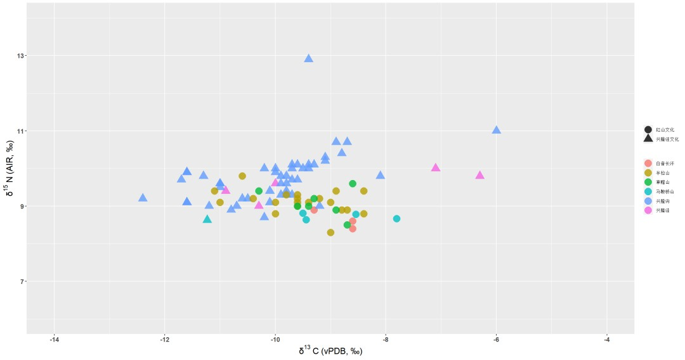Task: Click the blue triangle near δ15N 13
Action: (x=308, y=58)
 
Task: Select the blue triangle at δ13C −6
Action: (x=496, y=130)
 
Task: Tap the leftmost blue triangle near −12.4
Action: (x=143, y=198)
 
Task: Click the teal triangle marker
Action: (x=207, y=219)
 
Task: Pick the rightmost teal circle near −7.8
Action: (x=396, y=219)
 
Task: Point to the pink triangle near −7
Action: (x=436, y=167)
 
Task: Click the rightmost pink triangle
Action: (x=480, y=175)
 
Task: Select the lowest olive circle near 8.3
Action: (x=330, y=233)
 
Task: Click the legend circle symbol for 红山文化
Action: (x=648, y=129)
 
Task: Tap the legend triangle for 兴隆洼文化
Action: (x=648, y=139)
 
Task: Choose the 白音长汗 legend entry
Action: (x=665, y=164)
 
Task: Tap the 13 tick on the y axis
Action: (x=20, y=56)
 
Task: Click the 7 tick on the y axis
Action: (x=22, y=281)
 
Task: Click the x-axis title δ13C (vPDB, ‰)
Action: (x=330, y=351)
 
